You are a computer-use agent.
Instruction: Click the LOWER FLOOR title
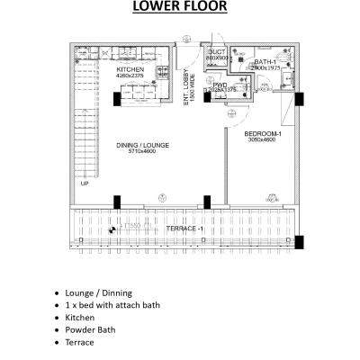tap(180, 8)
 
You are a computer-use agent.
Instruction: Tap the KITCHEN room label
tap(130, 69)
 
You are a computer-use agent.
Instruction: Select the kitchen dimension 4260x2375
tap(130, 76)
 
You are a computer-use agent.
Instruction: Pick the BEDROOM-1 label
tap(263, 134)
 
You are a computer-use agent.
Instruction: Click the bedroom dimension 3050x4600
tap(263, 140)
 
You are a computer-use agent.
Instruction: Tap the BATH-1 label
tap(265, 61)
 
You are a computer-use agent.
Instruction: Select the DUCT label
tap(217, 54)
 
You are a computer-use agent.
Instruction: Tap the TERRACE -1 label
tap(185, 229)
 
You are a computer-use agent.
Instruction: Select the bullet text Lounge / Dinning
tap(99, 293)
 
